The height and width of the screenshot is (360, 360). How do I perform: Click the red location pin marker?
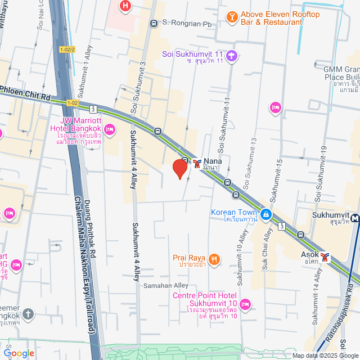pyautogui.click(x=179, y=168)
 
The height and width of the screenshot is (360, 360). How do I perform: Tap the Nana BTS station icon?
pyautogui.click(x=196, y=163)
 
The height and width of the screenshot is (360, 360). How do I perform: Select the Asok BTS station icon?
pyautogui.click(x=325, y=257)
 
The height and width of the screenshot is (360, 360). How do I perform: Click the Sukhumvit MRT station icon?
pyautogui.click(x=355, y=217)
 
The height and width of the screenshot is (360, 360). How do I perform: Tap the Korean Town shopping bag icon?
pyautogui.click(x=265, y=214)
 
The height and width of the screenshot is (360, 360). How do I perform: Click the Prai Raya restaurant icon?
pyautogui.click(x=213, y=259)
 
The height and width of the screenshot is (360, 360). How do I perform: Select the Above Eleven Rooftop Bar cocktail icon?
pyautogui.click(x=231, y=18)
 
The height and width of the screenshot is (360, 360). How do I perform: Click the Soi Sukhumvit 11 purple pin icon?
pyautogui.click(x=232, y=55)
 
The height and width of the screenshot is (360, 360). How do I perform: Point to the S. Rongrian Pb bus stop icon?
pyautogui.click(x=154, y=24)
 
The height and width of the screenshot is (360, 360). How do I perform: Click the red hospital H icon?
pyautogui.click(x=125, y=7)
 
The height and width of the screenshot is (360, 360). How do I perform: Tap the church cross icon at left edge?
pyautogui.click(x=28, y=314)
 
